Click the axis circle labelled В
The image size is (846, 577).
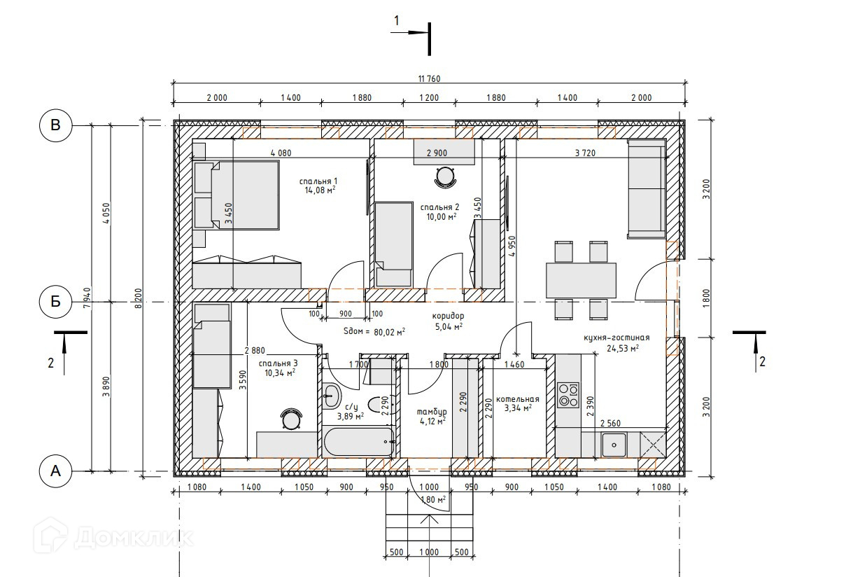[55, 125]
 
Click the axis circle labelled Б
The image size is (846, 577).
[55, 301]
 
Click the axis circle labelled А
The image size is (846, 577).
[55, 471]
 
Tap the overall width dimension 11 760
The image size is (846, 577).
[429, 78]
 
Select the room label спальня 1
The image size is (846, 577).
[318, 181]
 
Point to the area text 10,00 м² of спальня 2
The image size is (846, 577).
[441, 216]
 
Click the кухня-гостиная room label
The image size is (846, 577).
[616, 338]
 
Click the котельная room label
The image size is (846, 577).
[517, 399]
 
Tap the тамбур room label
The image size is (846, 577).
[431, 412]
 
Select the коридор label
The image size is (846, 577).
[448, 316]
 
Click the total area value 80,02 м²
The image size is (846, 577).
[389, 332]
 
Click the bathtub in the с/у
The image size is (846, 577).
[359, 442]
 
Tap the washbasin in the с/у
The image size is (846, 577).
[332, 395]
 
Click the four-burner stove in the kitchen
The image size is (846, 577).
[568, 395]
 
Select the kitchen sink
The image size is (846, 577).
[614, 445]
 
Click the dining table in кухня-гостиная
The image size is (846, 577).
[581, 280]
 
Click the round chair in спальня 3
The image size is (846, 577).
[291, 419]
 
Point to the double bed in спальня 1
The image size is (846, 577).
[237, 195]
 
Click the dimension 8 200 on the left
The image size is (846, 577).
[139, 298]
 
